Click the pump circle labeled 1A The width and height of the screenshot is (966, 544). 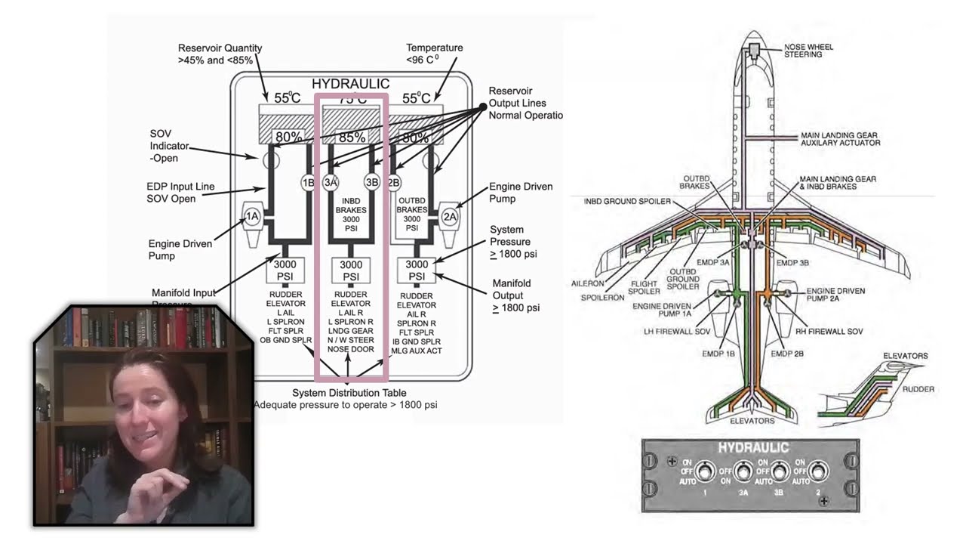pos(251,218)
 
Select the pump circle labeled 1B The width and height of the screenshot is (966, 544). pos(308,182)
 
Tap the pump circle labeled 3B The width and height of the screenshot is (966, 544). pos(371,182)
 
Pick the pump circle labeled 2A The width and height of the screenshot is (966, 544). pos(450,218)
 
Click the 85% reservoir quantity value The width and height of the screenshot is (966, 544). pos(352,138)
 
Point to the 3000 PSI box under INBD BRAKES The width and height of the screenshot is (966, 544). pos(351,270)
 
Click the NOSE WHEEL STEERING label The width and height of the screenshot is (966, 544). pos(808,51)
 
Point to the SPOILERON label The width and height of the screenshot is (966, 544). pos(603,298)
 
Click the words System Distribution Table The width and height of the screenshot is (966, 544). pos(349,393)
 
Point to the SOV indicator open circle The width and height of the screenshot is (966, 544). pos(271,160)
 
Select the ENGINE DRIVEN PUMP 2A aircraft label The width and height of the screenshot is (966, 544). pos(835,295)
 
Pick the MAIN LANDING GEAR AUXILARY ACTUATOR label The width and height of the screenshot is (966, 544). pos(839,139)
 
